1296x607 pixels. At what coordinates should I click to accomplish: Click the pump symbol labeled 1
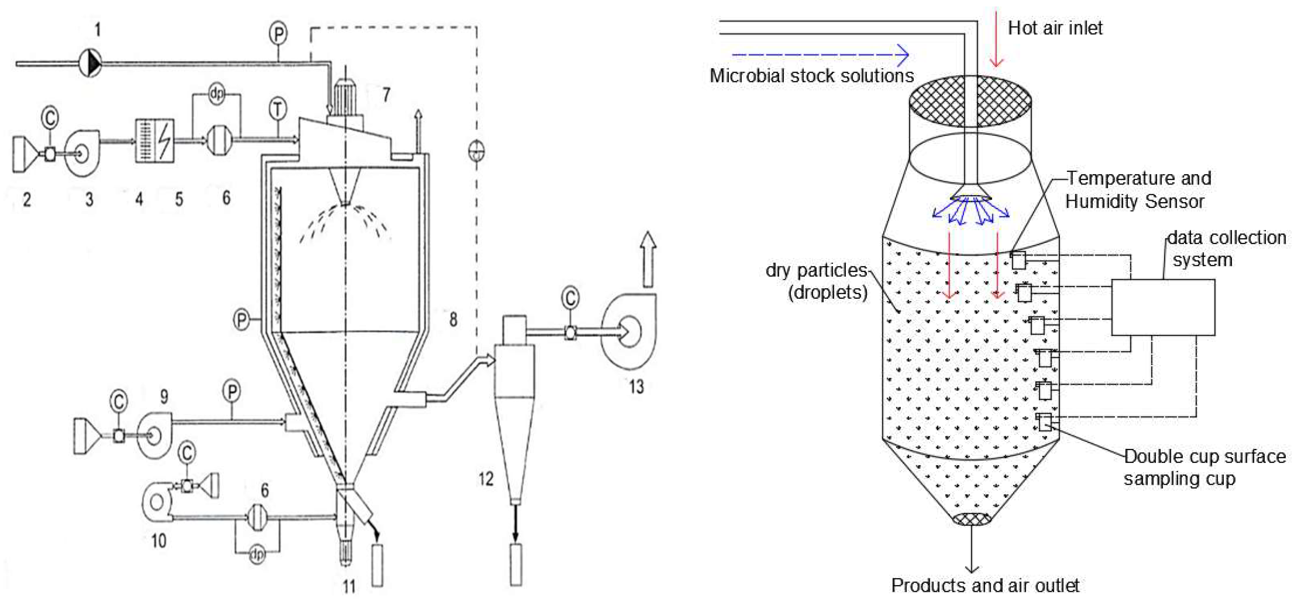pyautogui.click(x=91, y=63)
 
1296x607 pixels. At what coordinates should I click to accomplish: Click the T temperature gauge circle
pyautogui.click(x=278, y=109)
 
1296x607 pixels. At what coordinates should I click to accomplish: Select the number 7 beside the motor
pyautogui.click(x=386, y=94)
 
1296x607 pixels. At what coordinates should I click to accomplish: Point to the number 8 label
pyautogui.click(x=453, y=319)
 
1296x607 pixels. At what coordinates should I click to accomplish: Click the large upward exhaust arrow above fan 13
pyautogui.click(x=648, y=258)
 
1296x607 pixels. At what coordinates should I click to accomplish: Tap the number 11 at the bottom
pyautogui.click(x=349, y=586)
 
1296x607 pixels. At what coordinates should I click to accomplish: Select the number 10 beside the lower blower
pyautogui.click(x=159, y=541)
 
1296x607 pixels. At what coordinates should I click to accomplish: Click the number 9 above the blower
pyautogui.click(x=164, y=397)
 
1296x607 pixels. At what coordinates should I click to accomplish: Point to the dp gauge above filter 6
pyautogui.click(x=216, y=94)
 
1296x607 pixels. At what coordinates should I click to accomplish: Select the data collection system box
pyautogui.click(x=1163, y=307)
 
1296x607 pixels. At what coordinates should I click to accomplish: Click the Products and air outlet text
pyautogui.click(x=985, y=585)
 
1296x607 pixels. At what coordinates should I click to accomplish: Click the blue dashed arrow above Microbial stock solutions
pyautogui.click(x=820, y=54)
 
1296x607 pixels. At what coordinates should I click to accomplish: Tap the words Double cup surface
pyautogui.click(x=1204, y=456)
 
